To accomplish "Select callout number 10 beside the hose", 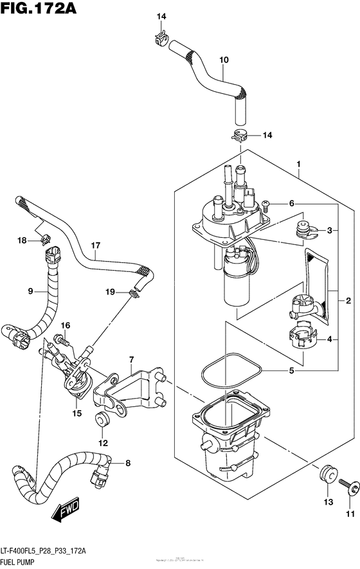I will point(224,60).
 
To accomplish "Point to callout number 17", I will point(96,245).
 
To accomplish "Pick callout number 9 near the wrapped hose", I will point(30,291).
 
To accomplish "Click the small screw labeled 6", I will point(266,204).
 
